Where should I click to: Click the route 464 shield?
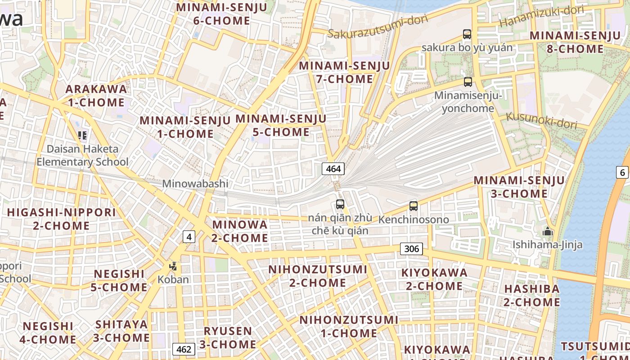pyautogui.click(x=333, y=169)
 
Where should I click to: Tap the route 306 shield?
pyautogui.click(x=411, y=249)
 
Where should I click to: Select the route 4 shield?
pyautogui.click(x=189, y=236)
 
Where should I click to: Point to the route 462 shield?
pyautogui.click(x=184, y=349)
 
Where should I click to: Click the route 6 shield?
pyautogui.click(x=623, y=172)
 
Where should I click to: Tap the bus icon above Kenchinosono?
pyautogui.click(x=414, y=206)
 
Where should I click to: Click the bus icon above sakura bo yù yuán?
pyautogui.click(x=467, y=34)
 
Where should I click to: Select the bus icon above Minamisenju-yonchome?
pyautogui.click(x=468, y=81)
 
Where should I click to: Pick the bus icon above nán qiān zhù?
pyautogui.click(x=340, y=204)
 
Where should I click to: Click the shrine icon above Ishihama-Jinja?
pyautogui.click(x=548, y=232)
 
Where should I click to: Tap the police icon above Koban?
pyautogui.click(x=173, y=266)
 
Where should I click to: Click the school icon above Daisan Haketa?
pyautogui.click(x=82, y=135)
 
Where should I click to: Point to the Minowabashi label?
pyautogui.click(x=195, y=184)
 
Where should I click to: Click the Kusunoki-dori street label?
pyautogui.click(x=541, y=120)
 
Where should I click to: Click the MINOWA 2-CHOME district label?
pyautogui.click(x=240, y=231)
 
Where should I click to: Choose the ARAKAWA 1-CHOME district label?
pyautogui.click(x=96, y=95)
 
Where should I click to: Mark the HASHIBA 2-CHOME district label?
pyautogui.click(x=532, y=295)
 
